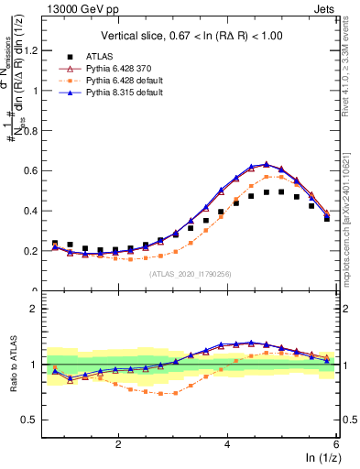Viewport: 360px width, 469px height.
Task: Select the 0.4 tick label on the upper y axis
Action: coord(36,211)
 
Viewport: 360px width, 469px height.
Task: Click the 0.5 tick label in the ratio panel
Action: coord(36,420)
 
